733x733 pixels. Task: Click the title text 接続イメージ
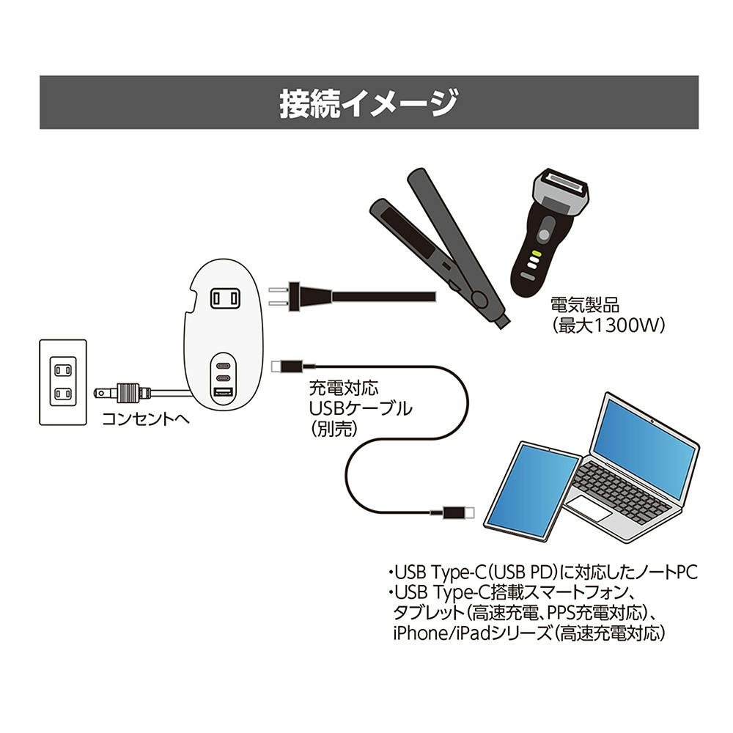point(369,103)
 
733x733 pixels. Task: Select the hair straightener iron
point(440,242)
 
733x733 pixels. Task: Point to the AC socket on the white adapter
point(225,298)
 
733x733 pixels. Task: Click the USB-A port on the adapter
point(222,395)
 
